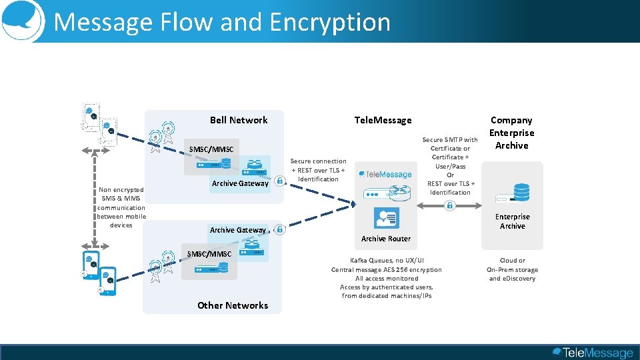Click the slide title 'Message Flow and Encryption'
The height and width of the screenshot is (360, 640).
(x=221, y=22)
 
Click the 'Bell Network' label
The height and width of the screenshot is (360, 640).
(x=239, y=120)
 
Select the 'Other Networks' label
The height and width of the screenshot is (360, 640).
(x=233, y=305)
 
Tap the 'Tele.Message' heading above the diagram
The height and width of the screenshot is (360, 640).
(x=383, y=120)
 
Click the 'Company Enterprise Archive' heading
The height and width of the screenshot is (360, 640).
(x=511, y=133)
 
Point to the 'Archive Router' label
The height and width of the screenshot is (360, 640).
(x=386, y=239)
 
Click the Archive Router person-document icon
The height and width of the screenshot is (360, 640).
(x=387, y=218)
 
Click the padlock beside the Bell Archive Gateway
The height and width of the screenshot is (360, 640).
(x=279, y=181)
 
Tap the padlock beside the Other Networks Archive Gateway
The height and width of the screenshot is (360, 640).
(x=280, y=229)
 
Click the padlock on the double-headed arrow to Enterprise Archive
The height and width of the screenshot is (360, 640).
(x=450, y=206)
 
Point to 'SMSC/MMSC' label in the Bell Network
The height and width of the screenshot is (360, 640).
(x=211, y=149)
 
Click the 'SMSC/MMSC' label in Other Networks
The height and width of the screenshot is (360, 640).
(x=209, y=254)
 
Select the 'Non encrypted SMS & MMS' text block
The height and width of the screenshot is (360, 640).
(x=121, y=207)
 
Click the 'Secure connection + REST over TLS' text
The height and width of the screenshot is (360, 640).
(x=318, y=170)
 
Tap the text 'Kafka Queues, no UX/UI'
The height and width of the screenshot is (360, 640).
(x=387, y=260)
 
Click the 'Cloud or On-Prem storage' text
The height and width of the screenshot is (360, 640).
(x=512, y=269)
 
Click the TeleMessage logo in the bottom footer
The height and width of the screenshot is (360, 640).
(x=593, y=353)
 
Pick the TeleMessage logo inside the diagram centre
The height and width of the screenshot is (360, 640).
(x=385, y=175)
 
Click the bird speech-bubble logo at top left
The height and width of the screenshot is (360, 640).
(x=21, y=20)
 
